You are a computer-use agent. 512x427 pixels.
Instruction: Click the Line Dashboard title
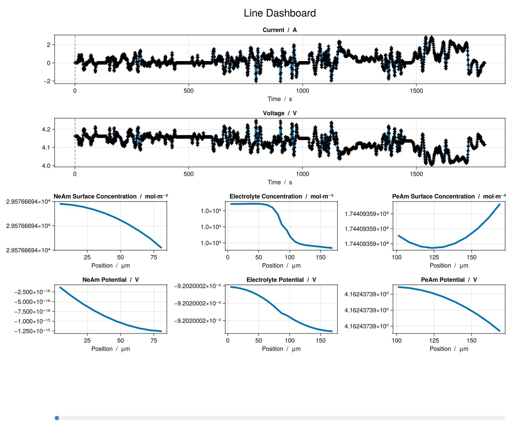point(279,13)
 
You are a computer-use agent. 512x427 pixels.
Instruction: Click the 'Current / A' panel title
point(279,30)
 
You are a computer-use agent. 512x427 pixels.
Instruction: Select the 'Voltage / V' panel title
point(279,113)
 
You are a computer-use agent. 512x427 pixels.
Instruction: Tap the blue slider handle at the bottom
point(57,418)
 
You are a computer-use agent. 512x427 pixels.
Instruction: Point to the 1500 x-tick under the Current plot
point(416,91)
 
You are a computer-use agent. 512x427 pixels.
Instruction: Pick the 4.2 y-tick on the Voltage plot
point(47,129)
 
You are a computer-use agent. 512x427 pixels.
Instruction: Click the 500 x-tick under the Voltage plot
point(189,174)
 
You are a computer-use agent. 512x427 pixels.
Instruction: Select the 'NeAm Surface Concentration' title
point(111,196)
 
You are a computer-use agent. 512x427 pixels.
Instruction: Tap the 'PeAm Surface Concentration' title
point(449,196)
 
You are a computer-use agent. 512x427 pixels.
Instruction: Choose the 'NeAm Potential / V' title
point(111,280)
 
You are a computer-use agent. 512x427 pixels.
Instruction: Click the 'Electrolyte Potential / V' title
point(281,280)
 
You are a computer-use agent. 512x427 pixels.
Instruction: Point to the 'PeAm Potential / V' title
point(449,280)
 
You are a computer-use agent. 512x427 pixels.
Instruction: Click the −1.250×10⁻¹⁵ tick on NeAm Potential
point(32,331)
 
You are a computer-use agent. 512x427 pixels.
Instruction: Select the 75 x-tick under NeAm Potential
point(153,340)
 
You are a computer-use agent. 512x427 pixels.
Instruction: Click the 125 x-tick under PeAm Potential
point(434,340)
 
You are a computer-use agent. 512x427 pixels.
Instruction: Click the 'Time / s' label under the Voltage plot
point(279,182)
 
